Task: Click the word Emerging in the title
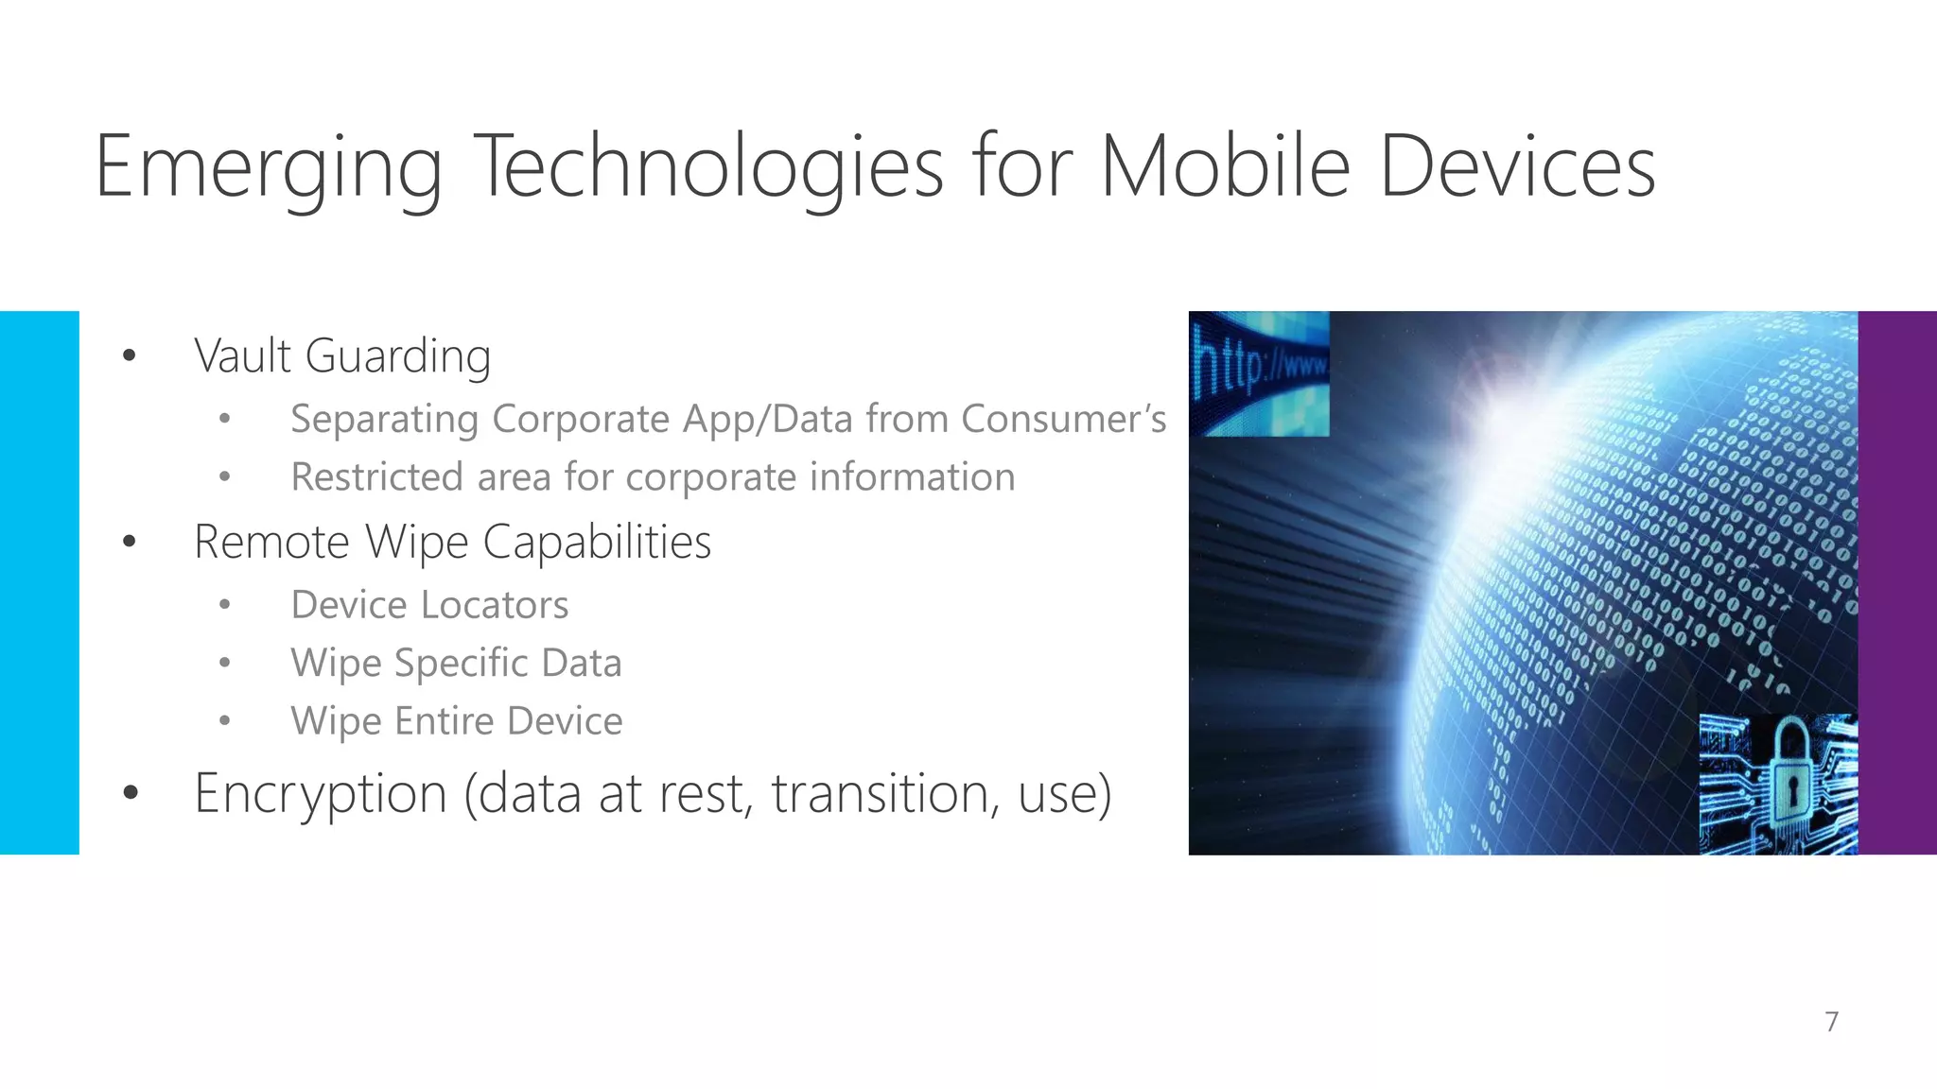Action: pos(269,168)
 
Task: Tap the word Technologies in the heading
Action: pos(707,168)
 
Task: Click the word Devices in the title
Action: pos(1517,166)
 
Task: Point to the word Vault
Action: pos(242,356)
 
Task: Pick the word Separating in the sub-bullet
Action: pos(384,420)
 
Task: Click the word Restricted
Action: pos(377,477)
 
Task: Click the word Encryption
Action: pos(321,793)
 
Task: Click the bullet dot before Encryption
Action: pos(131,793)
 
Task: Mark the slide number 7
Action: pos(1832,1022)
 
